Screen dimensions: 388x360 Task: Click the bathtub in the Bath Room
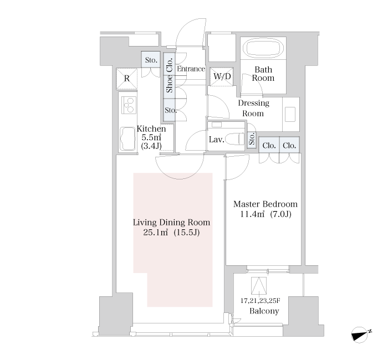click(x=263, y=49)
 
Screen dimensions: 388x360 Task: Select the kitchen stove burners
click(x=129, y=105)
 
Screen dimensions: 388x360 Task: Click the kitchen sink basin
click(x=127, y=139)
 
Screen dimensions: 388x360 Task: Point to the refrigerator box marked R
click(x=127, y=79)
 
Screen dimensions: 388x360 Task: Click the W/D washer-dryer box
click(x=222, y=76)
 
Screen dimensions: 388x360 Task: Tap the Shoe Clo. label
click(x=170, y=75)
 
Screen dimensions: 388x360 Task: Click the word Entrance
click(x=191, y=69)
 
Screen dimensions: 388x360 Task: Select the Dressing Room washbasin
click(x=290, y=114)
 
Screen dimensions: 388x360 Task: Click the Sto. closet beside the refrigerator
click(x=151, y=59)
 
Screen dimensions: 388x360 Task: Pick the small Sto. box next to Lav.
click(x=252, y=140)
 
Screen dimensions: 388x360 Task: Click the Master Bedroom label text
click(x=266, y=204)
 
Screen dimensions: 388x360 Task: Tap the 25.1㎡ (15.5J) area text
click(x=171, y=233)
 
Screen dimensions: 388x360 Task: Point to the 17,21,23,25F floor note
click(x=261, y=301)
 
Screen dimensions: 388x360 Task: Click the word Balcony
click(x=264, y=311)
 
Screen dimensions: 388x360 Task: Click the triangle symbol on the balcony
click(x=259, y=285)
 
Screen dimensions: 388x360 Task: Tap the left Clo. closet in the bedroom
click(x=269, y=145)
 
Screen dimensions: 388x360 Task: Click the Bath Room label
click(x=263, y=74)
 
